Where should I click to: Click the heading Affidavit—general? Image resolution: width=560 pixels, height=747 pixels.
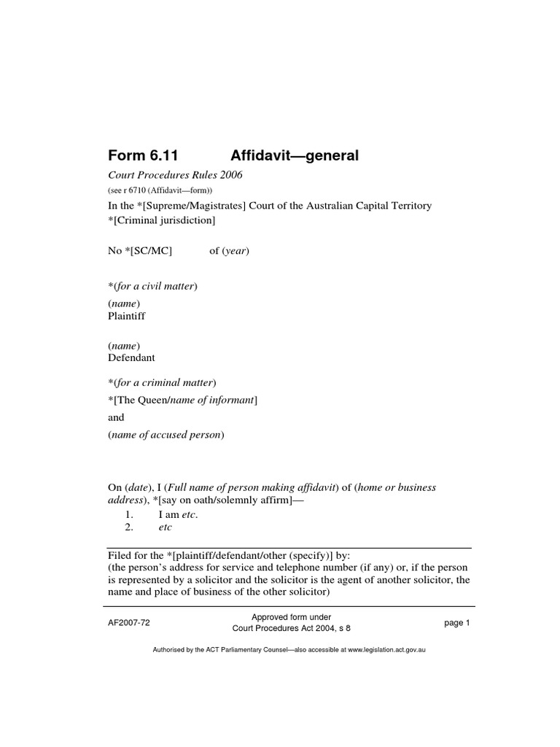295,155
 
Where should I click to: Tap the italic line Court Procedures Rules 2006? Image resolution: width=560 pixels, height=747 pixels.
175,175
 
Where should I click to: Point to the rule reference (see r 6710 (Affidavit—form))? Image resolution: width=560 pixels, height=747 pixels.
160,191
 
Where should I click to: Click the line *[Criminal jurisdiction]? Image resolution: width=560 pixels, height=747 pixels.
161,220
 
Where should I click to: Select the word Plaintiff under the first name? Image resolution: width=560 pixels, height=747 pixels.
127,317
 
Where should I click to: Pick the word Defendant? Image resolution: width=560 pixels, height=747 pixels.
131,358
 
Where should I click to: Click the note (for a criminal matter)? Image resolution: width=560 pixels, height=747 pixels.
164,382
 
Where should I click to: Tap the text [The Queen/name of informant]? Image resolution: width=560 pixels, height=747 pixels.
184,400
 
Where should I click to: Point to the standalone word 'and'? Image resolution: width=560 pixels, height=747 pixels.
116,417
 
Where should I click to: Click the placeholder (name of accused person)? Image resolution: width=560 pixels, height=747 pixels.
166,435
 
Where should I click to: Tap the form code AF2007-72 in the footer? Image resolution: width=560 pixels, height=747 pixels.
129,622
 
